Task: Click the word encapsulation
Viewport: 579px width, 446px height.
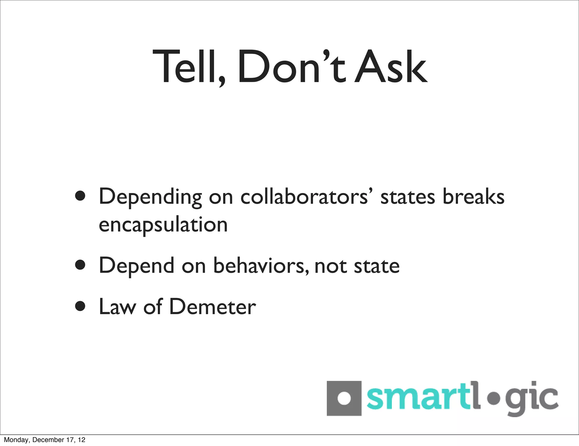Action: (163, 225)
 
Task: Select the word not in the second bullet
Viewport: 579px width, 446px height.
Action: (330, 266)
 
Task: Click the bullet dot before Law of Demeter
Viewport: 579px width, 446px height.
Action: (81, 306)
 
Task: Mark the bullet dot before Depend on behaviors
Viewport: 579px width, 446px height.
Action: (81, 265)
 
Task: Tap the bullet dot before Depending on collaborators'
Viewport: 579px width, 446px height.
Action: (81, 196)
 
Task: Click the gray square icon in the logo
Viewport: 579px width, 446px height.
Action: (344, 398)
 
